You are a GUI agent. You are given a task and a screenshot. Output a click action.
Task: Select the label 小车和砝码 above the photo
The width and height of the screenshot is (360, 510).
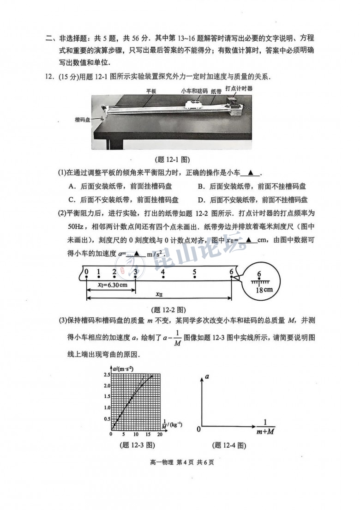click(x=193, y=91)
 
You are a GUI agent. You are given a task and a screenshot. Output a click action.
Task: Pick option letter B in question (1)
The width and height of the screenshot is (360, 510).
click(x=201, y=187)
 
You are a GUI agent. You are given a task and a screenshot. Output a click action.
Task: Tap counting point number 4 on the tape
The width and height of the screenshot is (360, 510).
click(x=163, y=272)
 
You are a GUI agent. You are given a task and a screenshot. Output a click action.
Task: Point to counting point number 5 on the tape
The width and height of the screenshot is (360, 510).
click(x=195, y=272)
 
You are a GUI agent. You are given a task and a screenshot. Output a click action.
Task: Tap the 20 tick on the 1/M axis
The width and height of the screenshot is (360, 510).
click(x=159, y=434)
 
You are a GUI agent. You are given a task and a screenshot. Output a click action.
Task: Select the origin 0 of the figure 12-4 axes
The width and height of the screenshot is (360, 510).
click(x=198, y=429)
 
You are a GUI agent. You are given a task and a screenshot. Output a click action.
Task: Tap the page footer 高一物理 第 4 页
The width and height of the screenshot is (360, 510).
click(x=180, y=463)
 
